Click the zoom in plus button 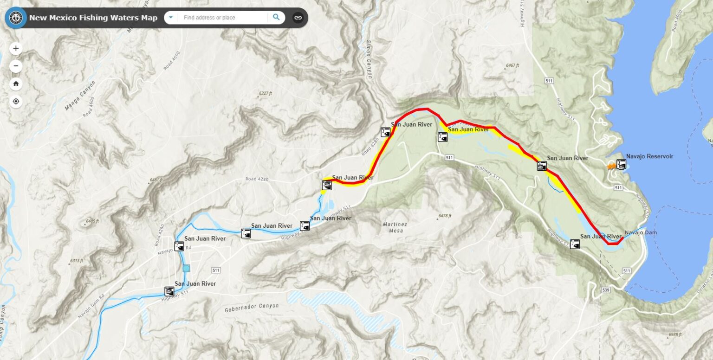click(x=16, y=48)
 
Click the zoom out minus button click(x=16, y=66)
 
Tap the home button click(x=16, y=84)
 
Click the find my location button click(x=16, y=101)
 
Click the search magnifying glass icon click(x=276, y=18)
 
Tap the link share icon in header click(x=298, y=18)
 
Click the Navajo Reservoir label click(x=649, y=156)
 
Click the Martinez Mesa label click(x=395, y=227)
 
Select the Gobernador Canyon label click(x=252, y=307)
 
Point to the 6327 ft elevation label click(x=265, y=93)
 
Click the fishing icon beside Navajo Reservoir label click(x=621, y=164)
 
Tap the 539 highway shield click(x=605, y=290)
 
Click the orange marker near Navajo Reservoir click(x=611, y=166)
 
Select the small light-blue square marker click(x=186, y=268)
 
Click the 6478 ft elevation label click(x=444, y=216)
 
